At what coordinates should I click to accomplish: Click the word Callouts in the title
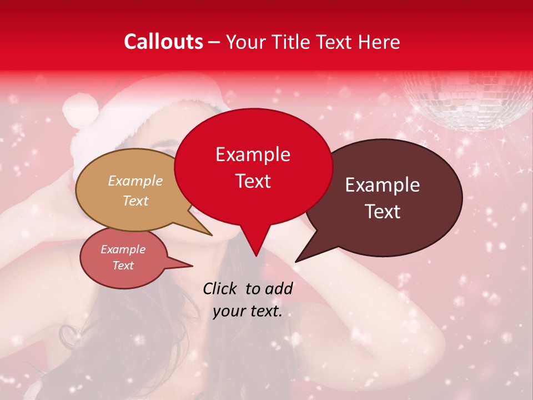163,42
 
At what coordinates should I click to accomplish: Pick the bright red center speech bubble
253,167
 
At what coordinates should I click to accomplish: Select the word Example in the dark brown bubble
383,185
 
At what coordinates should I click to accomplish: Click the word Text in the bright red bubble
253,181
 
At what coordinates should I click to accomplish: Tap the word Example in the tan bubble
135,181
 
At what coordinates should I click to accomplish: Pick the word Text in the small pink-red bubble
123,266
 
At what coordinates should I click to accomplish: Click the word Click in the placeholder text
220,288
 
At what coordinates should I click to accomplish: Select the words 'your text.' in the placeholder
248,312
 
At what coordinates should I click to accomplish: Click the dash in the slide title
215,42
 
